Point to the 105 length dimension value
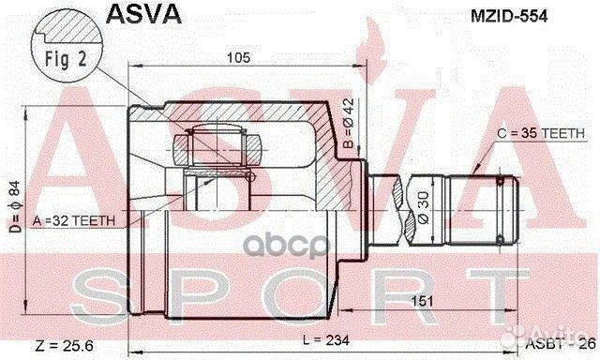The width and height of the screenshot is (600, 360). [239, 57]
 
